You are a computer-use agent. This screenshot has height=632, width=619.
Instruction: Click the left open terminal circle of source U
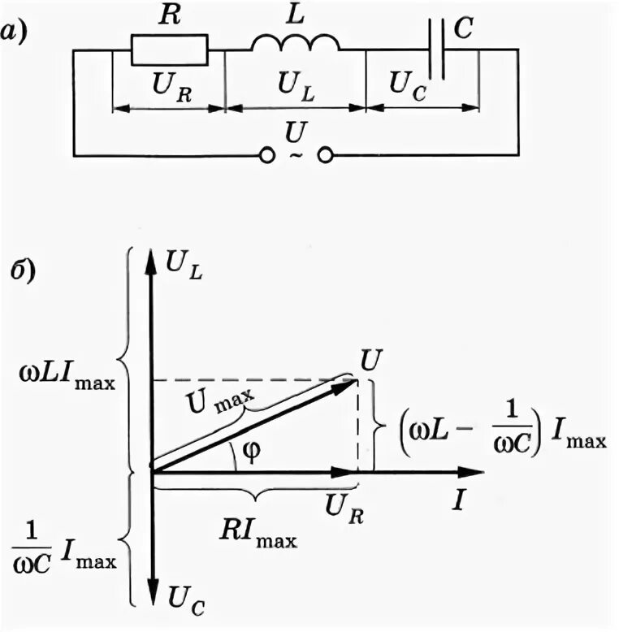[265, 154]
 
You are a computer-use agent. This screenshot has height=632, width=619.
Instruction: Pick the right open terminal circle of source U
[325, 154]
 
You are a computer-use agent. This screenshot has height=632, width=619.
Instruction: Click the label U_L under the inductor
[295, 83]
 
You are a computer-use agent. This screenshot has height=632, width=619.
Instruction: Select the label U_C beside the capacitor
[406, 83]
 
